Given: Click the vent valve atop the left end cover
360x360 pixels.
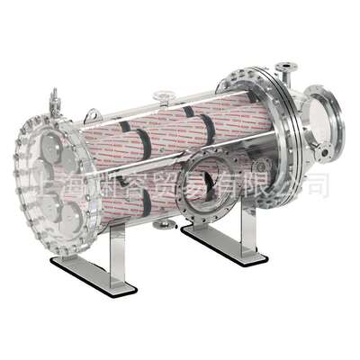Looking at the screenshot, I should [54, 97].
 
